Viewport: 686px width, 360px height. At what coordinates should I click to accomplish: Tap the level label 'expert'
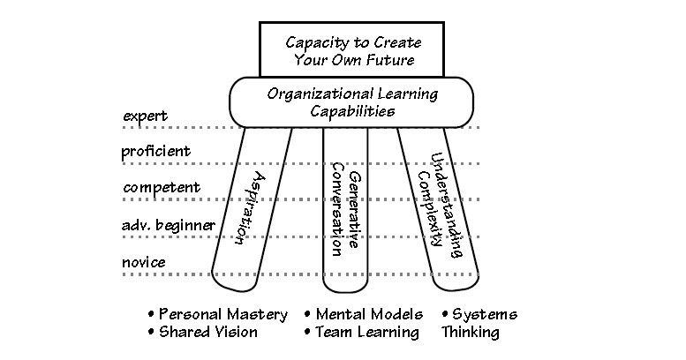point(145,116)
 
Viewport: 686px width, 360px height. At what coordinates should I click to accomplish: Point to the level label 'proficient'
point(155,151)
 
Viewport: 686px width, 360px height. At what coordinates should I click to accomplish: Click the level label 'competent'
point(162,187)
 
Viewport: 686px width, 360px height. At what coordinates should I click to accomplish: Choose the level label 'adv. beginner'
point(168,225)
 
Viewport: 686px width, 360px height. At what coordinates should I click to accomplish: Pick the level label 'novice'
point(145,262)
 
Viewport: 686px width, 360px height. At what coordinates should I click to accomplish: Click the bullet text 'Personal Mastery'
point(224,314)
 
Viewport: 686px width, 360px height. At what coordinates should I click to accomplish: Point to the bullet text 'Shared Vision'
point(209,332)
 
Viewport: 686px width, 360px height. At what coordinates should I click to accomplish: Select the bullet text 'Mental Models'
point(370,314)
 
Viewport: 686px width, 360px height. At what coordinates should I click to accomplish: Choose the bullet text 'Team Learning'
point(367,332)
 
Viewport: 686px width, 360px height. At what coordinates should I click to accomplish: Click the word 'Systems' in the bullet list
point(485,314)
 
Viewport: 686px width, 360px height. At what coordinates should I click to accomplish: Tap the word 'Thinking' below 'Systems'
point(471,333)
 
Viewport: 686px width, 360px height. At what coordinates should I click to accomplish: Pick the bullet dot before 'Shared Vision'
point(152,331)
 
